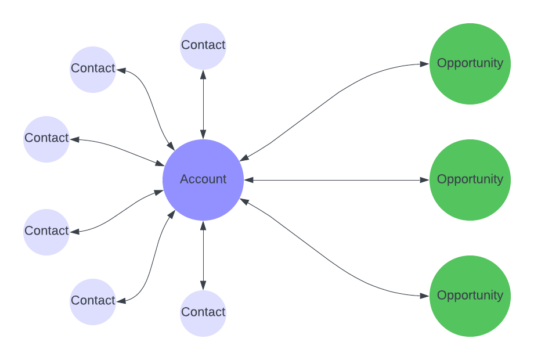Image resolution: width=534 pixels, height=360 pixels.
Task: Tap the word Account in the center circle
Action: coord(203,179)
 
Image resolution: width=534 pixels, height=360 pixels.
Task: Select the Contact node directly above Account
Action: coord(203,46)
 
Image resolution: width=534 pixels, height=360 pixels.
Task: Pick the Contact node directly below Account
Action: coord(203,313)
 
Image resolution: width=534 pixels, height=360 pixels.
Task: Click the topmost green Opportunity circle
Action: coord(470,64)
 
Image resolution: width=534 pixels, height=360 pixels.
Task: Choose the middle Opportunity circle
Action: coord(470,180)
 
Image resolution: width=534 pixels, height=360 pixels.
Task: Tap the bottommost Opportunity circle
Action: coord(470,296)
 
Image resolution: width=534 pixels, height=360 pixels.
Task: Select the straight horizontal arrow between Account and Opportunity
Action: coord(337,180)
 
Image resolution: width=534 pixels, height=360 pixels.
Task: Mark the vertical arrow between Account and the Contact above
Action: coord(203,105)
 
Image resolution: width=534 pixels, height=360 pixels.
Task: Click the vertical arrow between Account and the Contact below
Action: coord(203,255)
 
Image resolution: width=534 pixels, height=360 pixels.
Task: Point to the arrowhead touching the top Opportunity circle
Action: coord(424,64)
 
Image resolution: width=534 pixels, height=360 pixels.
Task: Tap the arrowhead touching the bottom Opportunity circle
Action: coord(424,296)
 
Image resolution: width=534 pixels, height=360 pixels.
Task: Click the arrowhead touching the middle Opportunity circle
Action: coord(424,180)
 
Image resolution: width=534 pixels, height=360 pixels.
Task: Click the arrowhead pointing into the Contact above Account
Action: coord(203,75)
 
